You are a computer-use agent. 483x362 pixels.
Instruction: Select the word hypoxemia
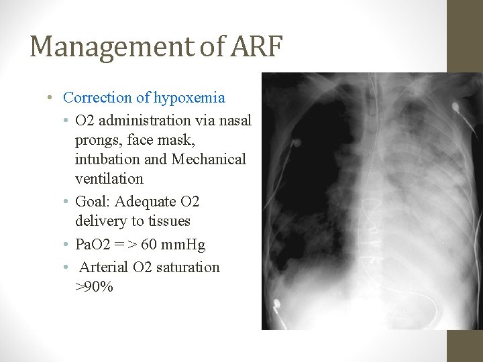189,98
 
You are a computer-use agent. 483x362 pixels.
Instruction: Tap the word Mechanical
209,160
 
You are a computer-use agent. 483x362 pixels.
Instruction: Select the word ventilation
109,179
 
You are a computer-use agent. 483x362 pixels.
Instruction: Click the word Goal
91,202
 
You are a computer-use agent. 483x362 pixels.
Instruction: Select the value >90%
94,287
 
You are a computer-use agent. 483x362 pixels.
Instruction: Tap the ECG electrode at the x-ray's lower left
275,304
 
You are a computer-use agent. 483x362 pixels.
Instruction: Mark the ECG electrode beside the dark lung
293,142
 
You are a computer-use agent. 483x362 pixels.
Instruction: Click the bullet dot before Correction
51,98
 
